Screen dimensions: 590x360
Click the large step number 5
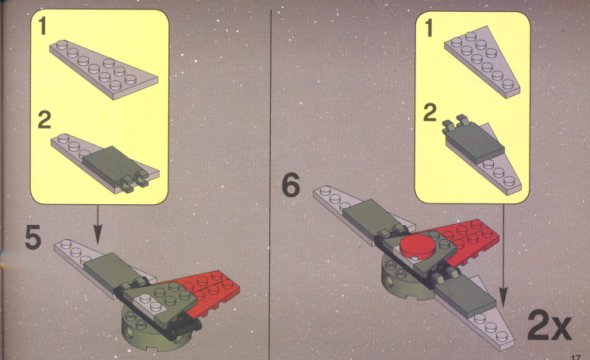coord(33,238)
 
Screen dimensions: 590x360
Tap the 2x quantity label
coord(550,325)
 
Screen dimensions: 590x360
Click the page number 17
coord(576,358)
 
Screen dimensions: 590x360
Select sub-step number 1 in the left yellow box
coord(43,26)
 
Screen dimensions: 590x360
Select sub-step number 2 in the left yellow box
coord(44,120)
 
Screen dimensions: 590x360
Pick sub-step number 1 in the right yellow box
coord(429,29)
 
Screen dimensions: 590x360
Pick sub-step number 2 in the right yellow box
coord(430,112)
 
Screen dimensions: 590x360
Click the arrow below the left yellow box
coord(98,224)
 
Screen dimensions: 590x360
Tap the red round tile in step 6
coord(417,247)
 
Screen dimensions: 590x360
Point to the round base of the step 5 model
coord(151,327)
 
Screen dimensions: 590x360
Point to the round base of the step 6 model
coord(403,281)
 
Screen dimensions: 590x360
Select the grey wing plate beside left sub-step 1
coord(103,70)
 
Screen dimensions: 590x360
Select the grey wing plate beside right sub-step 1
coord(482,63)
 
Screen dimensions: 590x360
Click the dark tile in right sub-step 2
coord(472,141)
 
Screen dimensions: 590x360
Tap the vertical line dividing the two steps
coord(270,184)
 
